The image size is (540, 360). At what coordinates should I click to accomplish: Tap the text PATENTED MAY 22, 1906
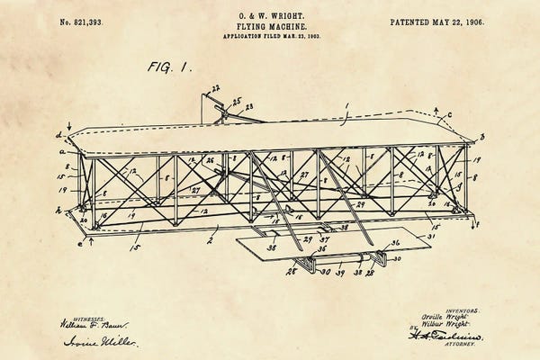point(436,20)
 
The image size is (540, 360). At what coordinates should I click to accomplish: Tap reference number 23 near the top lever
point(248,106)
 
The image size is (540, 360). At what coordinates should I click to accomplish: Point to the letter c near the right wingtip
point(449,113)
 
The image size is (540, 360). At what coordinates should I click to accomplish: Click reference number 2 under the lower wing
point(209,239)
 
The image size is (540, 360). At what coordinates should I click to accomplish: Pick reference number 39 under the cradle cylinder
point(338,271)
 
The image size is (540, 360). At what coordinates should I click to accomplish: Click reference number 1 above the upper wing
point(345,105)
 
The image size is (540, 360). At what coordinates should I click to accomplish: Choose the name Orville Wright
point(448,318)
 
